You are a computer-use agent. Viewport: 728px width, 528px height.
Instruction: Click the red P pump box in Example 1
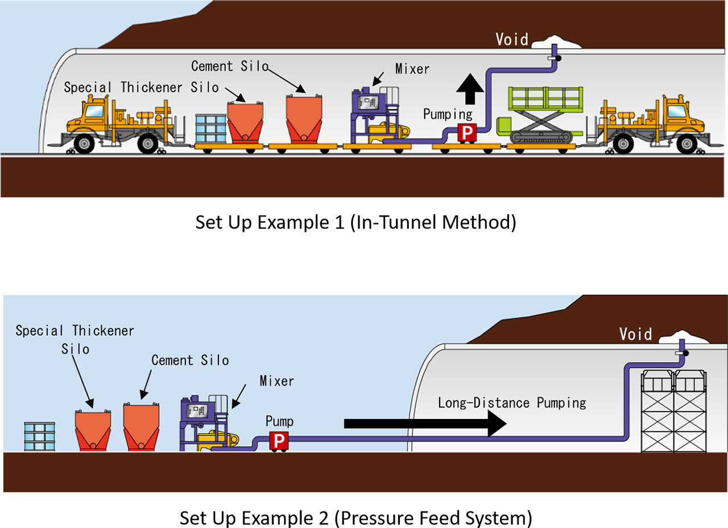point(467,132)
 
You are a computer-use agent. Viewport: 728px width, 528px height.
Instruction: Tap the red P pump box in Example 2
point(279,440)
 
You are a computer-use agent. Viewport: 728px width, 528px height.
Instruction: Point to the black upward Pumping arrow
point(470,89)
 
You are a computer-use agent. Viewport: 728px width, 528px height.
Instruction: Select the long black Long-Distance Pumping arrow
point(425,423)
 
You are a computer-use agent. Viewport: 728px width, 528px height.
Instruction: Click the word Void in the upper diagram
point(512,40)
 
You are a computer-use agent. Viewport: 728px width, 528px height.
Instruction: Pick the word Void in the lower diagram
point(635,334)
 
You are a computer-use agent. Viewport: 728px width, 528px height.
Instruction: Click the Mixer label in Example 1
point(412,69)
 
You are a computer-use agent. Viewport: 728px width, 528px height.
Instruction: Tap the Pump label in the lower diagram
point(279,422)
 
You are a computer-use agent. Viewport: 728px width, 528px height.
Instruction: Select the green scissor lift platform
point(540,115)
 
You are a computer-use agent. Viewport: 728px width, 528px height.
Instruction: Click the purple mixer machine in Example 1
point(374,115)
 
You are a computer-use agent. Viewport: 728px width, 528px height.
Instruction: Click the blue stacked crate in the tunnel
point(211,128)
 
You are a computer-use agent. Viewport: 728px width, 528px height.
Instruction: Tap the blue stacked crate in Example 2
point(40,436)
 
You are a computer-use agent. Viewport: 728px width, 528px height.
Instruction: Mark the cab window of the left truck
point(94,111)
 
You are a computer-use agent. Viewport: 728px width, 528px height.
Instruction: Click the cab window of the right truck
point(676,111)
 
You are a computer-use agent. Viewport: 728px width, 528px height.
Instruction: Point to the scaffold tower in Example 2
point(674,411)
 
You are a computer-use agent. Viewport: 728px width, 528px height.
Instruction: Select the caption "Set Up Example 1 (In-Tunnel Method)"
point(356,223)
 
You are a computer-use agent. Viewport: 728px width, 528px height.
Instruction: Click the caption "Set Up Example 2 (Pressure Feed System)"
point(356,518)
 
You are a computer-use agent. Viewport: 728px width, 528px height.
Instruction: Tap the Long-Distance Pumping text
point(512,403)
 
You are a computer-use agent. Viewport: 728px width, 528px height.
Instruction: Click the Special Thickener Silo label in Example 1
point(141,88)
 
